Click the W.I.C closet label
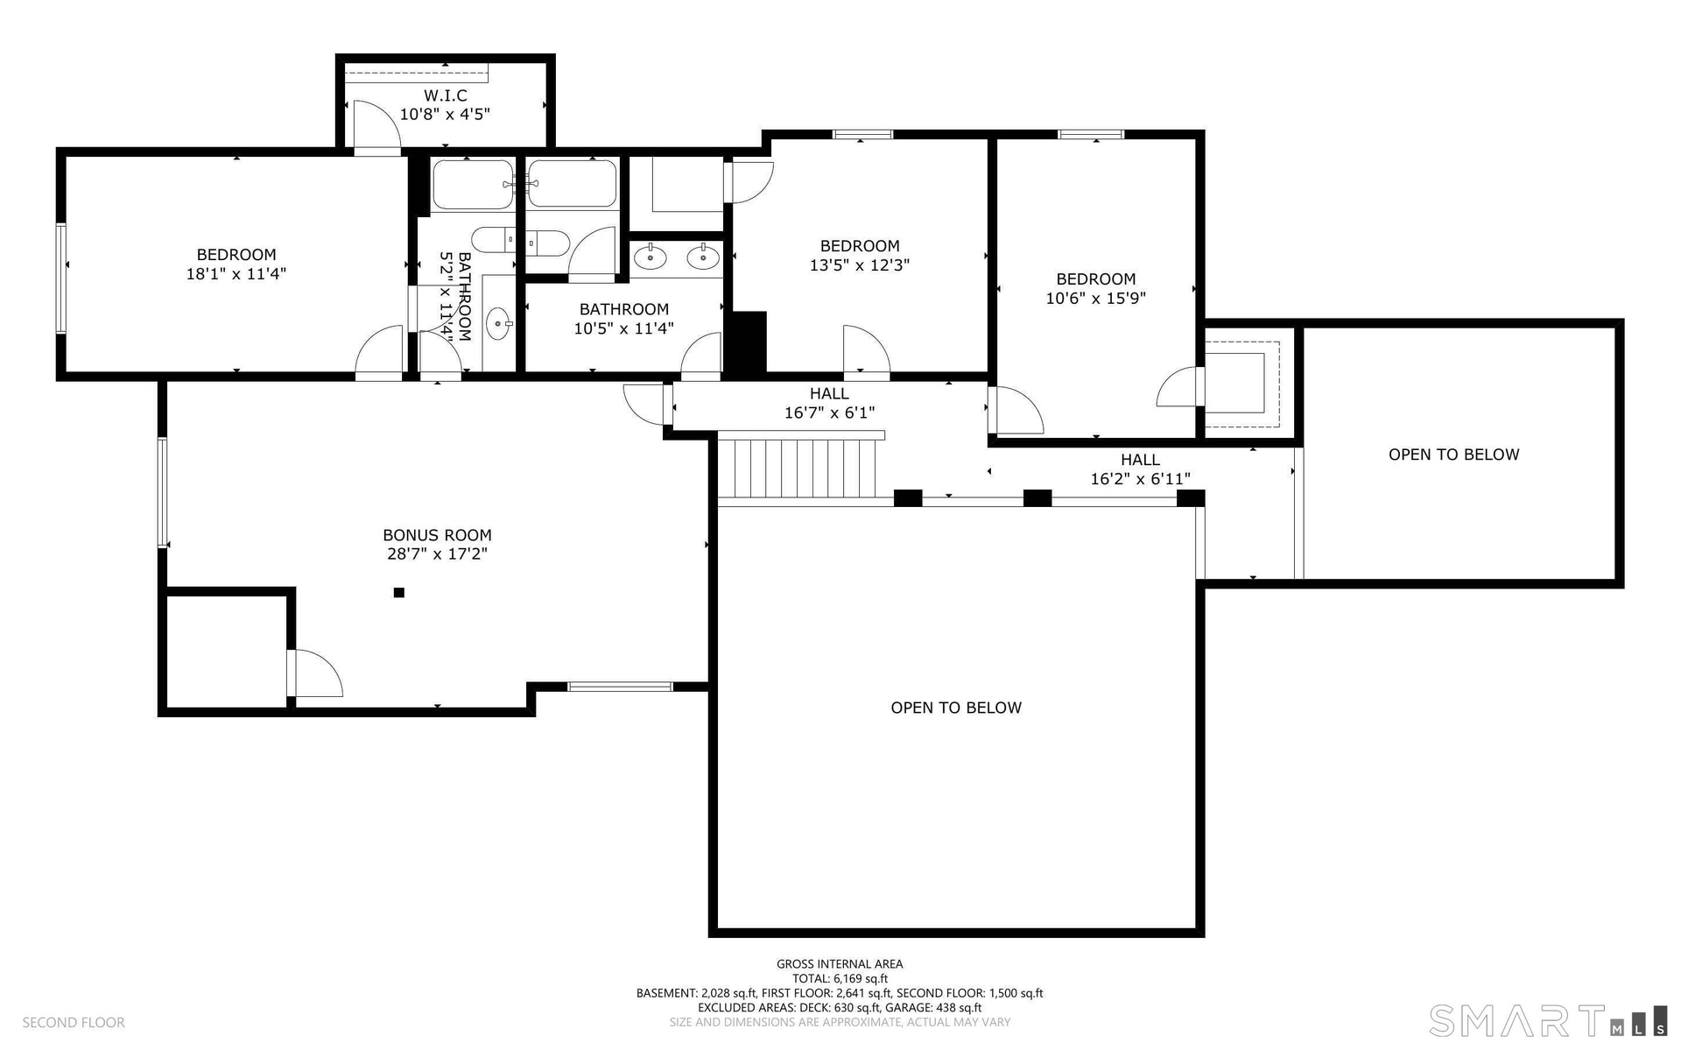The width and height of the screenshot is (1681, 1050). (445, 95)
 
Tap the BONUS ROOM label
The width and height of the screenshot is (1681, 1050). (437, 535)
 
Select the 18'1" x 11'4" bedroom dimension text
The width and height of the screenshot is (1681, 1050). (236, 274)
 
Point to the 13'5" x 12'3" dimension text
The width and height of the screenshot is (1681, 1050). (860, 265)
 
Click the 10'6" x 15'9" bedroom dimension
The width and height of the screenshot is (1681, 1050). (1096, 299)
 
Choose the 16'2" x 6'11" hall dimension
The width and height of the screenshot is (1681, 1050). (1140, 479)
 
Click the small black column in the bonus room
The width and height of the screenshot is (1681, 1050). (399, 593)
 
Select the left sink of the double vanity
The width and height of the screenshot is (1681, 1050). (651, 257)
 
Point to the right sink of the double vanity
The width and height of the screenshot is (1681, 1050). (703, 257)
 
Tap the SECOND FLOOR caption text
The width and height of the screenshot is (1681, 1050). (74, 1022)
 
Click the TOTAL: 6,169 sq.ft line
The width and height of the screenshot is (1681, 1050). (840, 978)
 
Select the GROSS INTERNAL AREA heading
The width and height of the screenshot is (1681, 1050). (840, 963)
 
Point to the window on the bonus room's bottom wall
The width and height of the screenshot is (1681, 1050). (621, 687)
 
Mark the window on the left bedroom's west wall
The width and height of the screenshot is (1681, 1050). (61, 278)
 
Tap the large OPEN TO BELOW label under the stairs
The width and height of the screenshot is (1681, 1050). (956, 708)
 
